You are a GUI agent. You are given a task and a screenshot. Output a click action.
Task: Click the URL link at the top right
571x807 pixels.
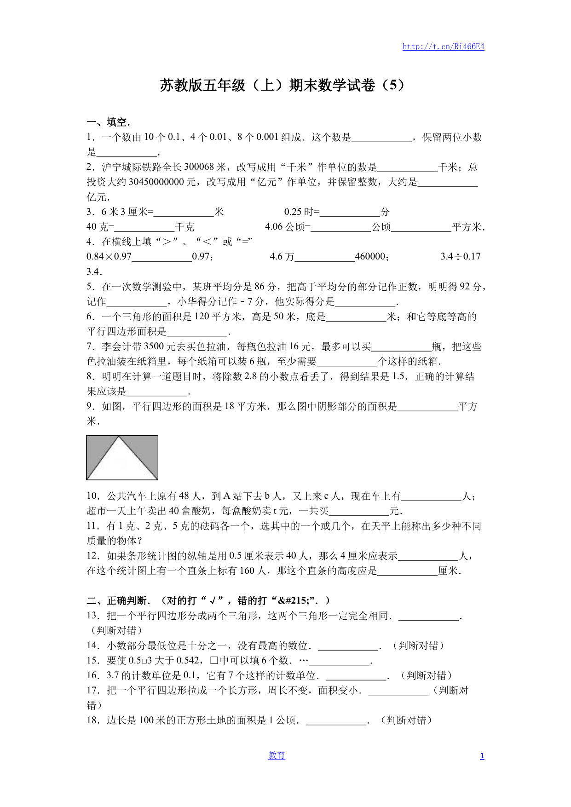(x=443, y=46)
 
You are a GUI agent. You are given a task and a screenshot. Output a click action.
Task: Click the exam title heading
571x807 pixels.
(x=282, y=86)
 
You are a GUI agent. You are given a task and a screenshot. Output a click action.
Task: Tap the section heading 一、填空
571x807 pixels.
(x=109, y=122)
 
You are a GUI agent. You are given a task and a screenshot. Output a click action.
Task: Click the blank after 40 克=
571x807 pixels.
(x=144, y=227)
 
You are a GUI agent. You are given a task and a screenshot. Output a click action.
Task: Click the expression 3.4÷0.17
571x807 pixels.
(x=461, y=257)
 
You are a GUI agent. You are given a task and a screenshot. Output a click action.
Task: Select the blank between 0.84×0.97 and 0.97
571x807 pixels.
(x=161, y=257)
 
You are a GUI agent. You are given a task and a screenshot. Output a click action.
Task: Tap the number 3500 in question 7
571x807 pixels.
(x=153, y=346)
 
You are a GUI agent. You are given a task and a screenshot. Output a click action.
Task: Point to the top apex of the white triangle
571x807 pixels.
(x=119, y=437)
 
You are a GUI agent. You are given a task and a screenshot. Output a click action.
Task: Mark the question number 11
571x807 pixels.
(x=92, y=526)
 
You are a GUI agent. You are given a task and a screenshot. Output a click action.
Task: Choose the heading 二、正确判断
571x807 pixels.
(x=117, y=601)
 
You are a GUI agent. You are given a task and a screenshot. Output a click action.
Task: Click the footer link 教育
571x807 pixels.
(x=277, y=755)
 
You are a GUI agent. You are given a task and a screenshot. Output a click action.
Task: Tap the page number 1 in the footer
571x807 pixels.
(x=482, y=756)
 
